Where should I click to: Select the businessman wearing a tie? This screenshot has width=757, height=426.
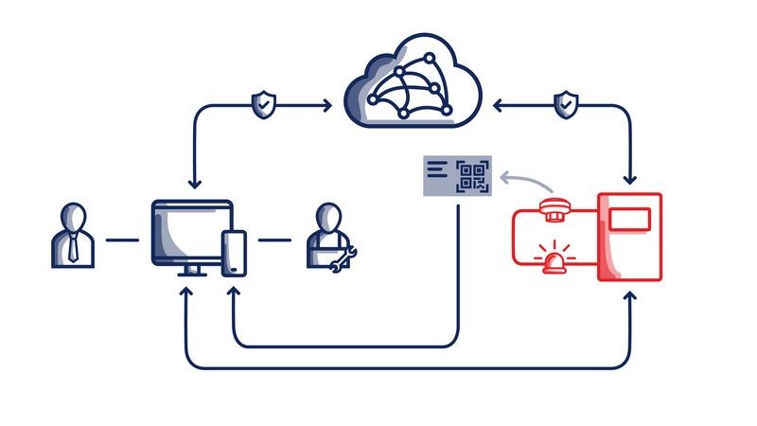tap(72, 234)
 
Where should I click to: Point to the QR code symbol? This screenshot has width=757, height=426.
tap(473, 176)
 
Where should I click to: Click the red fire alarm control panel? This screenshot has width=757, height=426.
tap(629, 238)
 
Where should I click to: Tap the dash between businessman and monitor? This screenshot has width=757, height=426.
tap(121, 240)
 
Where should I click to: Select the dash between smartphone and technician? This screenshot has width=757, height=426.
tap(274, 240)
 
